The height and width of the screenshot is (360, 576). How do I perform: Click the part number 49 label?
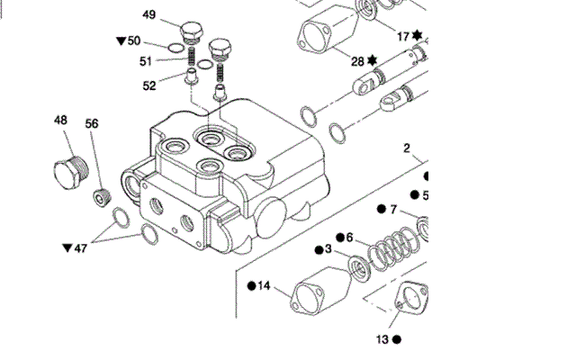click(148, 14)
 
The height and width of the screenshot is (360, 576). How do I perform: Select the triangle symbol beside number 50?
click(121, 40)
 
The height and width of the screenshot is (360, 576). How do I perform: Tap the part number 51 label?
click(146, 61)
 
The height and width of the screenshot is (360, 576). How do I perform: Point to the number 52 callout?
click(149, 85)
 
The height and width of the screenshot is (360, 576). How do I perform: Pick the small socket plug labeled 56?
click(102, 197)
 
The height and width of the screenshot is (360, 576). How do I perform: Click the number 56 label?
click(92, 123)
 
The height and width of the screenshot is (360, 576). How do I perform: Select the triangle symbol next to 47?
click(67, 248)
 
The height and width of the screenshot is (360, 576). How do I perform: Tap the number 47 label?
click(80, 248)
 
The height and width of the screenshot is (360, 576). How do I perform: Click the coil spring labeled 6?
click(393, 248)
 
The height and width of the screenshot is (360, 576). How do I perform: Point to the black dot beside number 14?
click(252, 286)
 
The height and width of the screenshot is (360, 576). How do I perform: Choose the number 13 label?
click(382, 339)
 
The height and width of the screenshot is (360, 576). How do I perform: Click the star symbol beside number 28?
click(373, 60)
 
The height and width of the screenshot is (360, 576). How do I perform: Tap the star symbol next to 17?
click(417, 35)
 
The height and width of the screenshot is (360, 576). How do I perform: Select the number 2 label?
click(406, 148)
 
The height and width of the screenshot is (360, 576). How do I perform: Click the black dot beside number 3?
click(319, 250)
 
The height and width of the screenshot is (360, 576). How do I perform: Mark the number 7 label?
click(393, 210)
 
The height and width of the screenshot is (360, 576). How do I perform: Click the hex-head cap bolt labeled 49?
click(192, 31)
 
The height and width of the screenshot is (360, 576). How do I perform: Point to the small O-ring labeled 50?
click(175, 48)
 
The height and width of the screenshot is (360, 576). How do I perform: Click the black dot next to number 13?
click(397, 339)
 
